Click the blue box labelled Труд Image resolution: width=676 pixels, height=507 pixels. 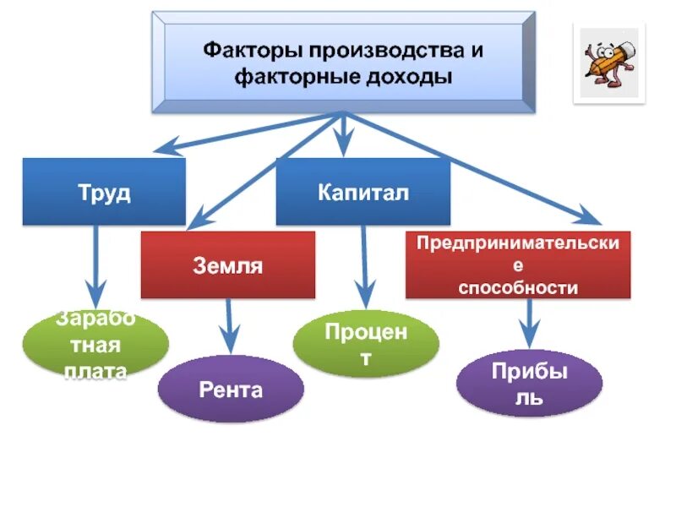tap(104, 192)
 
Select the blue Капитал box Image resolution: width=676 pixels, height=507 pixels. tap(363, 192)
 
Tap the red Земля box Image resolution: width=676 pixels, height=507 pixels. tap(227, 265)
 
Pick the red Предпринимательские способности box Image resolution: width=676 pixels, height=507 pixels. tap(517, 265)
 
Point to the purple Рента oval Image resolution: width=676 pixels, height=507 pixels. tap(231, 390)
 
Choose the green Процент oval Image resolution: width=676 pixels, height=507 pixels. tap(366, 343)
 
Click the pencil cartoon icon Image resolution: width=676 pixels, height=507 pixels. tap(608, 63)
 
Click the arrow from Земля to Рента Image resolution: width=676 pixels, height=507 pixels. tap(226, 326)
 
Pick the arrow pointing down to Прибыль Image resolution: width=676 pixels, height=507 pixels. tap(530, 323)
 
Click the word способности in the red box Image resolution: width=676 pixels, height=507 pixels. tap(517, 288)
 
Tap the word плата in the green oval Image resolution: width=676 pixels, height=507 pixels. tap(95, 370)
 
